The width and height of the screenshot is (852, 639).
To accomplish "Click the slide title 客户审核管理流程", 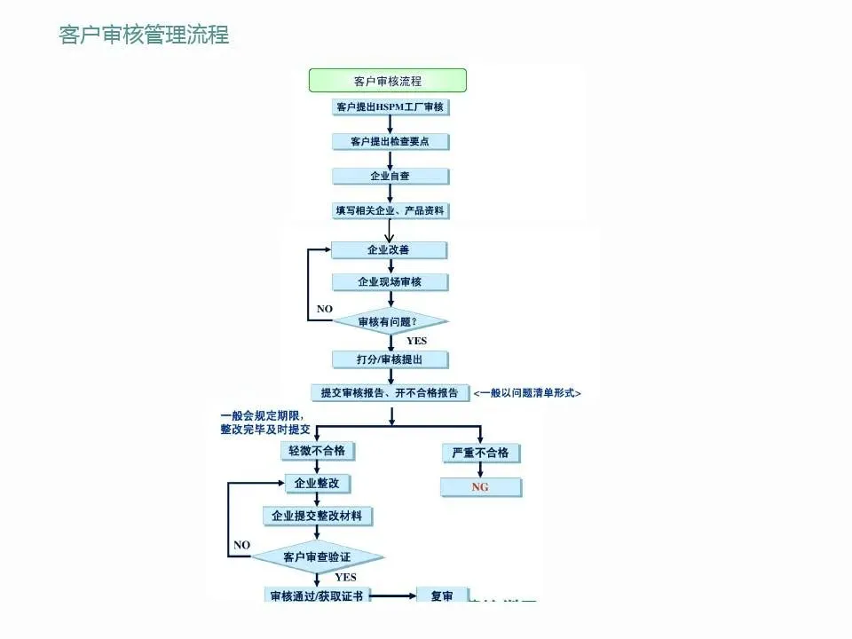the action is (x=144, y=35).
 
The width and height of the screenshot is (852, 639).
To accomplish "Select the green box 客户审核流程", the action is (x=388, y=81).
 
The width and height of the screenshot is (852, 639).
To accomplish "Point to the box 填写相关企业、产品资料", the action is (x=390, y=211).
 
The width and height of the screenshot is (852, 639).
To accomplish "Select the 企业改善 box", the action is (x=389, y=250).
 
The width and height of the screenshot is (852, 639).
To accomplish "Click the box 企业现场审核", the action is (x=390, y=282).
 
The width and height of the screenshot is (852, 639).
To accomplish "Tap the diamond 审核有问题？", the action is (x=389, y=320).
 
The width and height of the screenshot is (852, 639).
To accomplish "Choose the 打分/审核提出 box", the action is (x=390, y=359).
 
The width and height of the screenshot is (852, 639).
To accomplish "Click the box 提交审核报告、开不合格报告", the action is (x=390, y=392).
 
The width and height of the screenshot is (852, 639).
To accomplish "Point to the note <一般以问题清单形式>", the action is (x=527, y=393).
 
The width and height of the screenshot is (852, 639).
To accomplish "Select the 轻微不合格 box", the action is (x=316, y=451).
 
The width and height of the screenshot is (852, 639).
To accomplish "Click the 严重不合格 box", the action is (x=480, y=453).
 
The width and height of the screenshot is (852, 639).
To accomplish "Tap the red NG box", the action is (x=480, y=487).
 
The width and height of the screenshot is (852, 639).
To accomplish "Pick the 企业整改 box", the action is (x=316, y=484).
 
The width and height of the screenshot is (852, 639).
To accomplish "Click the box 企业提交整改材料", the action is (x=317, y=516).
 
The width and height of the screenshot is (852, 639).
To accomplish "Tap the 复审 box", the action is (x=442, y=596).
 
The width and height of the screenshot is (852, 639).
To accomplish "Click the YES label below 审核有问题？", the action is (x=416, y=341).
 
